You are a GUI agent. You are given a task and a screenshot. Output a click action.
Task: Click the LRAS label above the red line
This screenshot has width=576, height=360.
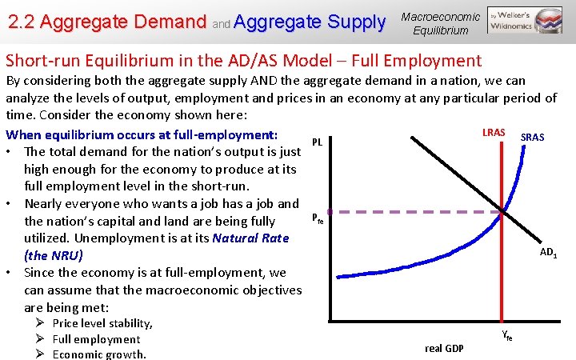tap(493, 131)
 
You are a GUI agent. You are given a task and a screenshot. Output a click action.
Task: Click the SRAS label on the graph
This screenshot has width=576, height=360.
tap(532, 138)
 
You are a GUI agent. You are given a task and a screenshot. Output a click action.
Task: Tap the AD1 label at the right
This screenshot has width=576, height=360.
tap(548, 253)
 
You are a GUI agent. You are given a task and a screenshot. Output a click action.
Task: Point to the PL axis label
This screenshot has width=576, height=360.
tap(317, 142)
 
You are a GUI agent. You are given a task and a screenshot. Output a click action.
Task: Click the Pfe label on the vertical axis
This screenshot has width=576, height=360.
tap(318, 218)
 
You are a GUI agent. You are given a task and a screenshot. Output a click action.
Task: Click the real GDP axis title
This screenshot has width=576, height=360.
tap(444, 348)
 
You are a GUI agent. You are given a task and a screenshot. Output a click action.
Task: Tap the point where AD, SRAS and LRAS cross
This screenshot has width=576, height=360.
tap(502, 211)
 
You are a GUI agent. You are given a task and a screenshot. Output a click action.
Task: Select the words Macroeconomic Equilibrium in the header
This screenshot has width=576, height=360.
tap(440, 23)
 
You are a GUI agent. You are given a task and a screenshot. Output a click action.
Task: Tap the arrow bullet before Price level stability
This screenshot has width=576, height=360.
tap(39, 323)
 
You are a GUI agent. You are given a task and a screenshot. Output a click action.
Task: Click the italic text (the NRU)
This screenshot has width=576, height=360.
tap(53, 256)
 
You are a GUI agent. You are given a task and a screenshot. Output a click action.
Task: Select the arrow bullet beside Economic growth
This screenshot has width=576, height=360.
tap(39, 354)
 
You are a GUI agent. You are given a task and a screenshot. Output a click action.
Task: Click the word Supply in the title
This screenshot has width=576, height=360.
tap(350, 22)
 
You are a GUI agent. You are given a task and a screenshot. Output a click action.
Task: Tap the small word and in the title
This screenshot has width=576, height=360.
tap(222, 24)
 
